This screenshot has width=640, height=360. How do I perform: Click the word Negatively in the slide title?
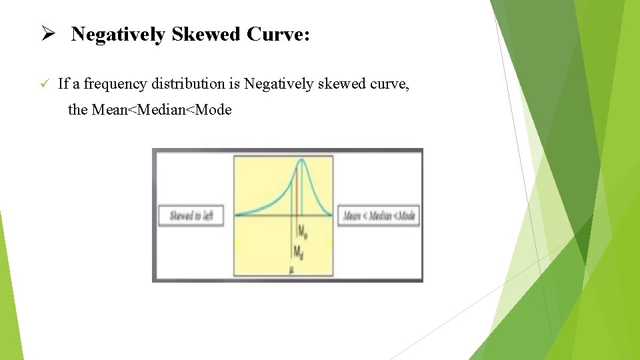119,35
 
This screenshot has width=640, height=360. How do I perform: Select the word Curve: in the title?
278,35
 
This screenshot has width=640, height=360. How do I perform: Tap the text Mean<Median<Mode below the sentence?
161,110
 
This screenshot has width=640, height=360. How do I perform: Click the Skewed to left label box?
191,216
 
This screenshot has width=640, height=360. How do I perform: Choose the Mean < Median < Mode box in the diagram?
379,216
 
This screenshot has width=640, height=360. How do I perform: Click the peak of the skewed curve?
301,159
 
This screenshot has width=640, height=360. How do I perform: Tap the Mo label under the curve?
302,232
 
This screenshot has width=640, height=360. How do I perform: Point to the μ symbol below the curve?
292,269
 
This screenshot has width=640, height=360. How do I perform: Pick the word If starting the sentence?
63,84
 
